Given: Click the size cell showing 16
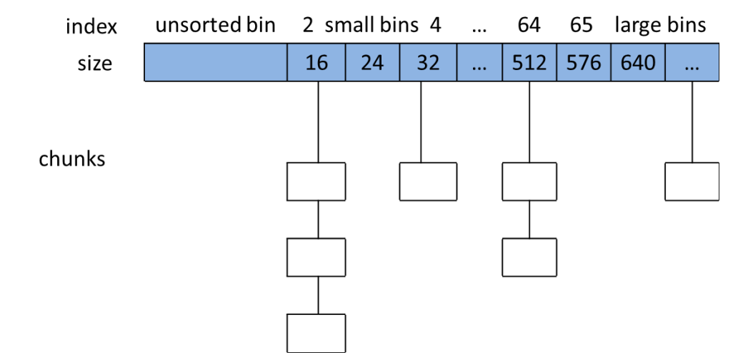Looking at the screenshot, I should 316,63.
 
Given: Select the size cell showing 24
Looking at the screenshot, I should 372,63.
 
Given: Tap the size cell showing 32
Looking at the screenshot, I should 428,63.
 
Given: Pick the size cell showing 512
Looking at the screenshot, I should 529,63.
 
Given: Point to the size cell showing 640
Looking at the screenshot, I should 638,63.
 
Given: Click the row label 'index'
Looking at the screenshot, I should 91,27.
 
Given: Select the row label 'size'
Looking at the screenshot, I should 95,63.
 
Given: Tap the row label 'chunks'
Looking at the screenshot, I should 72,158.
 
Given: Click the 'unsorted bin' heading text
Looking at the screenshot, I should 216,26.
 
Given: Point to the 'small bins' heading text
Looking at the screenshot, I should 371,26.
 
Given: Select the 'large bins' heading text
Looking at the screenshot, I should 660,26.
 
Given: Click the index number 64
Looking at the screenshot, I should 529,26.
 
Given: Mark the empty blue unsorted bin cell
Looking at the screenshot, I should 216,63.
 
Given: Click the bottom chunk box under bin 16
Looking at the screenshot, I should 316,332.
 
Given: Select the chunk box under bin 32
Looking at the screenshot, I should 428,181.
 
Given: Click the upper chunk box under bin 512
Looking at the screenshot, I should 529,181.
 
